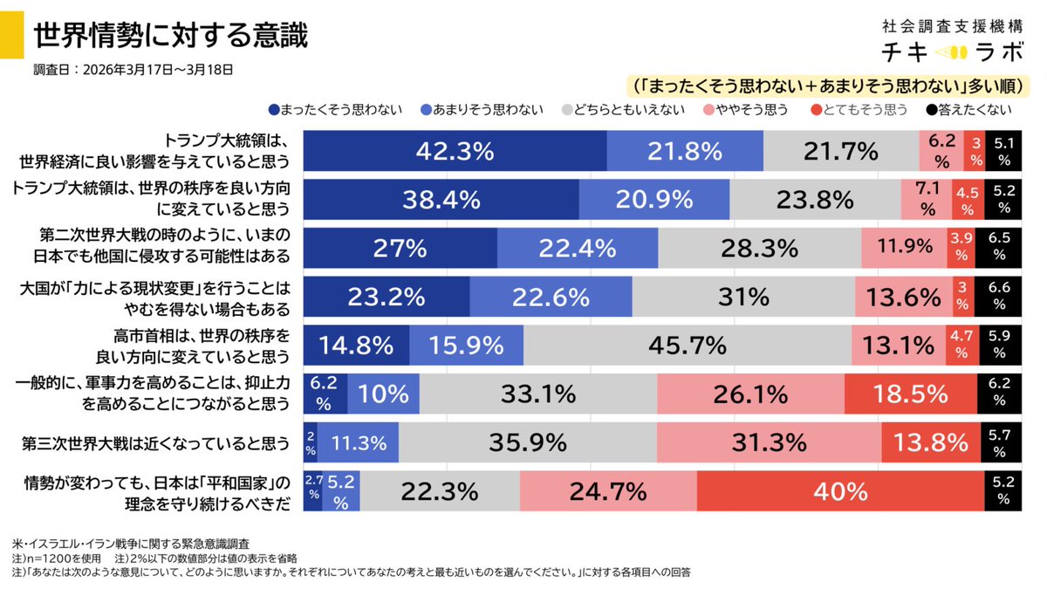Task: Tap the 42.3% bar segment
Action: (455, 151)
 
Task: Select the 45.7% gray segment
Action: (688, 346)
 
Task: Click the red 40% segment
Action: (839, 491)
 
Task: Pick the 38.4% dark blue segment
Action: (441, 200)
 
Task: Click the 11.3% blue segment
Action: (358, 443)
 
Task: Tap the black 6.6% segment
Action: (1004, 297)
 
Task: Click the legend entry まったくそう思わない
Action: (336, 110)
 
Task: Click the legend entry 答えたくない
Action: (968, 110)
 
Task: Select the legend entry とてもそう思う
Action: (859, 110)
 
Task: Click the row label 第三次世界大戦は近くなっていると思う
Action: (155, 443)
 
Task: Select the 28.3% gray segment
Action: (759, 249)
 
